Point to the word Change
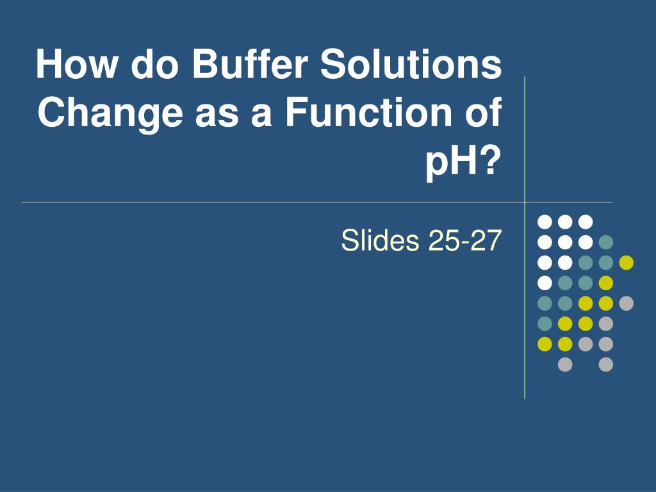[109, 113]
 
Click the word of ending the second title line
[480, 113]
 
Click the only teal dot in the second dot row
[606, 242]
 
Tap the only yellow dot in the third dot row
[627, 263]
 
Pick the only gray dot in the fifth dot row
[627, 303]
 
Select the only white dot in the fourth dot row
[545, 283]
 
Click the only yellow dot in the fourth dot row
[606, 283]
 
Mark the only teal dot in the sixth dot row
[545, 324]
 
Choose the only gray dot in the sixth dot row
[606, 324]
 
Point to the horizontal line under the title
[256, 202]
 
